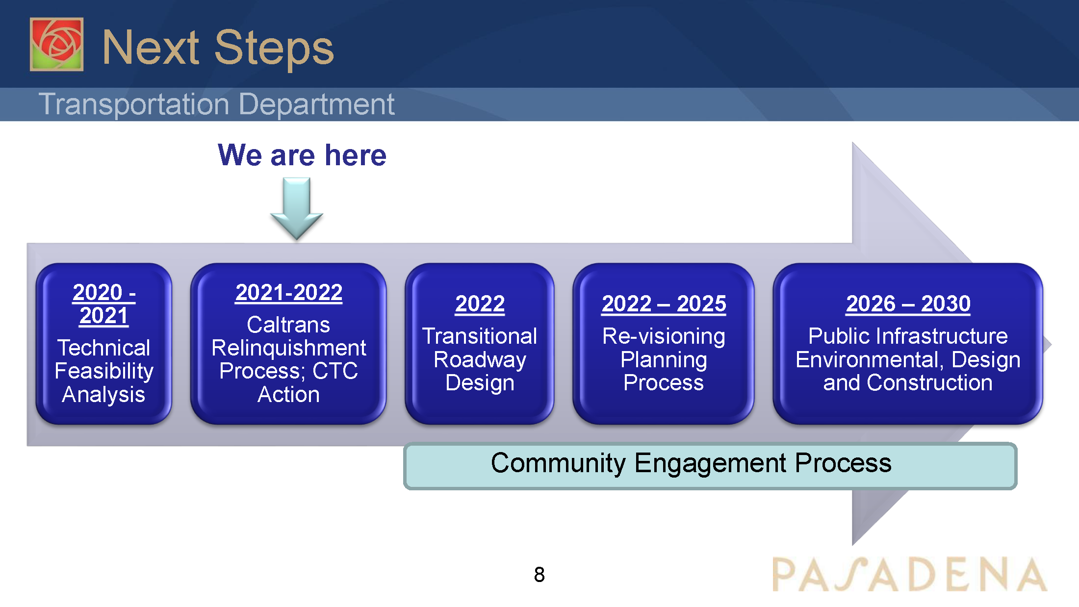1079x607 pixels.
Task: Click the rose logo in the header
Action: tap(56, 44)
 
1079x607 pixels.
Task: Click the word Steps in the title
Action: tap(274, 48)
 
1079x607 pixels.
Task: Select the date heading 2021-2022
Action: tap(288, 293)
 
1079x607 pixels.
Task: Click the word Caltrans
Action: tap(288, 325)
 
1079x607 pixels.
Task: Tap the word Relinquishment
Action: tap(288, 348)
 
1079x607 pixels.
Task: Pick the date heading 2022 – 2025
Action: tap(664, 304)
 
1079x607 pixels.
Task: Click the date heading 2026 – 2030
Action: tap(908, 304)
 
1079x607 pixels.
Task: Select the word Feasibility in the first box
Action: tap(104, 371)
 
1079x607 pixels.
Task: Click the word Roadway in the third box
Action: tap(480, 360)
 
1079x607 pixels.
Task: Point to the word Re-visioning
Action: tap(664, 336)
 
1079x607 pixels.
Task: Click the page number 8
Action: tap(539, 575)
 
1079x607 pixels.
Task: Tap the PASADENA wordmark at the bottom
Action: tap(909, 575)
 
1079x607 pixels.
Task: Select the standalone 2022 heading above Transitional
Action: tap(480, 304)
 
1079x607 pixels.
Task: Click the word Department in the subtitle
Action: tap(316, 104)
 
